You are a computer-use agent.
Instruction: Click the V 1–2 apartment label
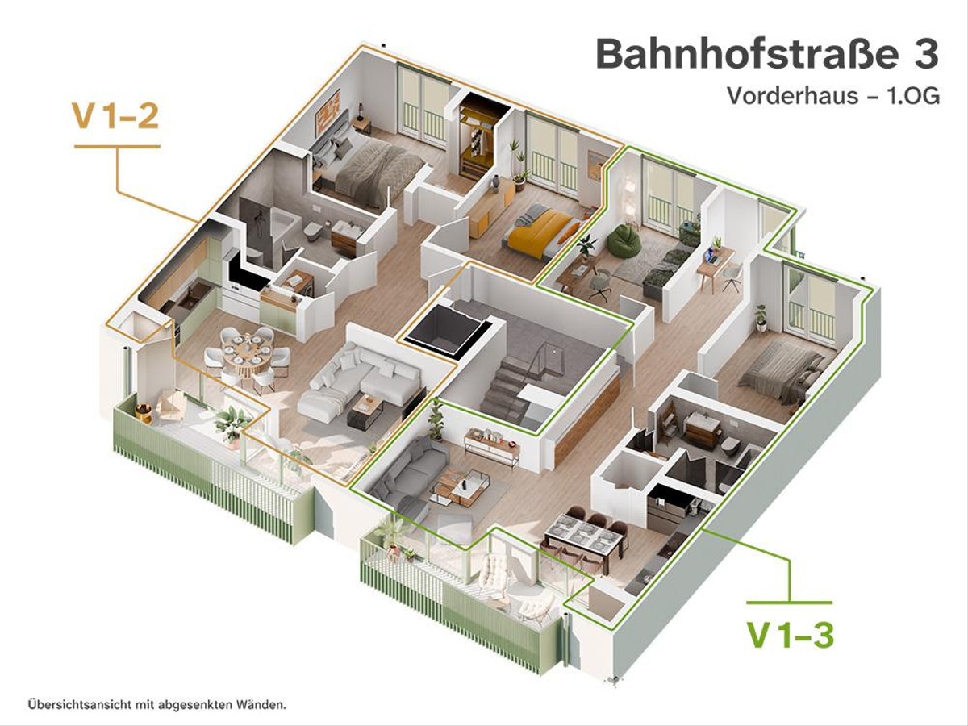(115, 115)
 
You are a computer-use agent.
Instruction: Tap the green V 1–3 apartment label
(791, 635)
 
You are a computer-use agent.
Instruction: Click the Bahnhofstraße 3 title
(767, 55)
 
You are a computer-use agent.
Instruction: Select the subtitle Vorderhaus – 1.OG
(833, 96)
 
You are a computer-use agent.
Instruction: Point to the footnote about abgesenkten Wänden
(157, 705)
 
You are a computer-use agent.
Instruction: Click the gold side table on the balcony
(144, 412)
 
